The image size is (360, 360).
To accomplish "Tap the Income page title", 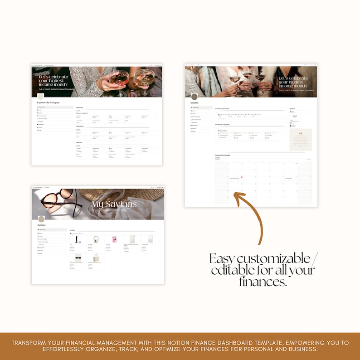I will tap(195, 103).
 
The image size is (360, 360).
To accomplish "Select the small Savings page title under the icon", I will tap(42, 225).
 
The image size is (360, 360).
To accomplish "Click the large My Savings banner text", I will tap(114, 204).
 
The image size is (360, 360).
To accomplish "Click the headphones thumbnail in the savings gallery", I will tap(95, 239).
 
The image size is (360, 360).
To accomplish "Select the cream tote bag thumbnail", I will tap(96, 258).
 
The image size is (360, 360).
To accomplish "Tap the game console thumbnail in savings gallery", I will tap(78, 239).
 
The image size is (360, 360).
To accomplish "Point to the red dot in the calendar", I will tap(242, 177).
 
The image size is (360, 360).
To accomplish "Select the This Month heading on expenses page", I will tap(80, 127).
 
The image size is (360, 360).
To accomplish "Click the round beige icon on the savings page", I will tap(42, 219).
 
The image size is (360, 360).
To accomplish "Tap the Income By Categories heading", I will tap(223, 124).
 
